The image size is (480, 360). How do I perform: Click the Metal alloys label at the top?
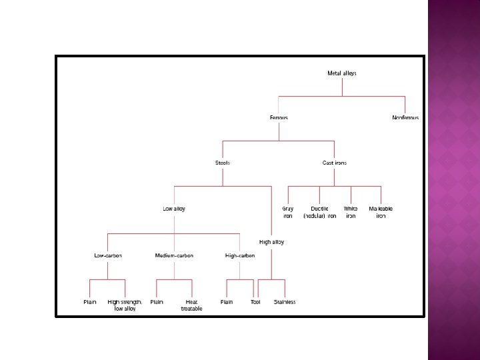click(x=342, y=73)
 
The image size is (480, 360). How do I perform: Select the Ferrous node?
click(x=279, y=118)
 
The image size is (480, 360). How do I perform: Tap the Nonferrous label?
click(x=405, y=118)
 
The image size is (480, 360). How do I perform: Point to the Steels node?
click(x=223, y=163)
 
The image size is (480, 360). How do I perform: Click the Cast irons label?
click(x=334, y=163)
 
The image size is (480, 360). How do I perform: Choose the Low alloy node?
click(x=174, y=209)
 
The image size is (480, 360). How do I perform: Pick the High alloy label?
click(x=271, y=242)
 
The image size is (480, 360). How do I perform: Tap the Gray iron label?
click(x=288, y=212)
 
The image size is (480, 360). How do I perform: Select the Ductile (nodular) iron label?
click(x=319, y=212)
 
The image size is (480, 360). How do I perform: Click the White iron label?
click(x=351, y=212)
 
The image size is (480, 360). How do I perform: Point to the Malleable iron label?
click(x=381, y=212)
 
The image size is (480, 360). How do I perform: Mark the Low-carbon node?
click(x=107, y=255)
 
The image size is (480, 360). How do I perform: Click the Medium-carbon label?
click(x=174, y=255)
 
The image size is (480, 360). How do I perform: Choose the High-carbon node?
click(x=240, y=255)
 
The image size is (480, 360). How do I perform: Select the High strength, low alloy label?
click(x=125, y=305)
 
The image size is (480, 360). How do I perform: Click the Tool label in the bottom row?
click(x=255, y=302)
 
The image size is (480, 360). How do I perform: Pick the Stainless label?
click(x=285, y=302)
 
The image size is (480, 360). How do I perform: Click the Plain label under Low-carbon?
click(x=90, y=302)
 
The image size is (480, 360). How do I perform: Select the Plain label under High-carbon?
click(x=227, y=302)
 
